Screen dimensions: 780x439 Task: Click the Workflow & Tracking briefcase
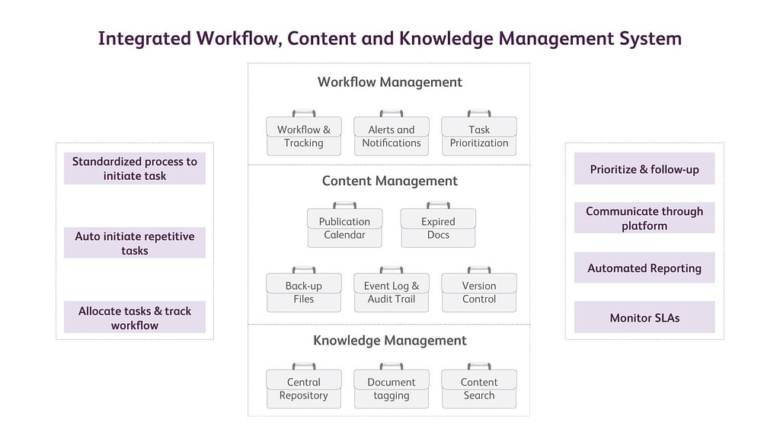point(304,133)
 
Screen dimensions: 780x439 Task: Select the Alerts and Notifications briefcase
point(392,133)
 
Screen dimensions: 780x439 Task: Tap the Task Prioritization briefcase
point(479,133)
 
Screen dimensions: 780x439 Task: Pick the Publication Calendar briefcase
point(345,226)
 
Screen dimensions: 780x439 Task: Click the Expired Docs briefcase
point(438,226)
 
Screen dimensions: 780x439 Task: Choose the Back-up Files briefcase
point(304,290)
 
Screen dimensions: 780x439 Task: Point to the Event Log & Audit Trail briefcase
point(392,290)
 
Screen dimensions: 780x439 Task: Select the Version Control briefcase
point(479,290)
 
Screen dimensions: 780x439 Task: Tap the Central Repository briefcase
point(304,386)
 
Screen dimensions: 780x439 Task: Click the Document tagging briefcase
point(392,386)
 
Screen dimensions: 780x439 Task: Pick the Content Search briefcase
point(479,386)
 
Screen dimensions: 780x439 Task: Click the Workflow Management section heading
point(390,82)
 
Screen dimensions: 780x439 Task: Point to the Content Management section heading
point(390,181)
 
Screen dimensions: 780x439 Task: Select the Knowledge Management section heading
point(390,341)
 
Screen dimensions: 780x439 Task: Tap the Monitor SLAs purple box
point(644,317)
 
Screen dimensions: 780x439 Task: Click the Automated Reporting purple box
point(644,268)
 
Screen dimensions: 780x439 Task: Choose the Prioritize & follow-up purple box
point(644,168)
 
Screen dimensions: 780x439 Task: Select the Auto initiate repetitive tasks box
point(135,243)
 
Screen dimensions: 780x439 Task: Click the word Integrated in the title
point(144,39)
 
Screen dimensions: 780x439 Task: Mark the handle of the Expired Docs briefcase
point(438,203)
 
